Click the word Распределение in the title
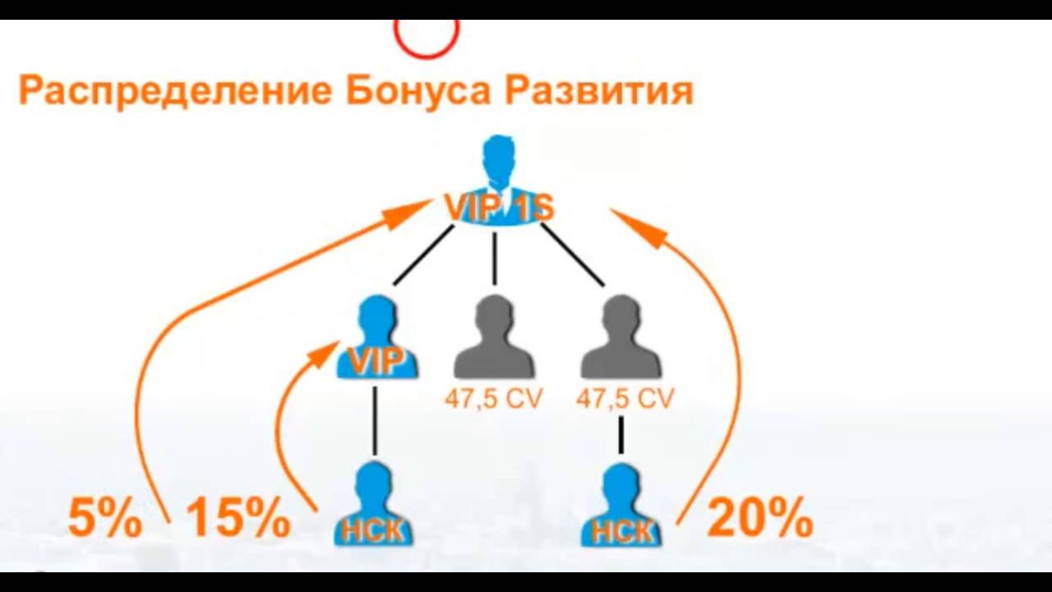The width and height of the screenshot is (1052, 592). [x=174, y=90]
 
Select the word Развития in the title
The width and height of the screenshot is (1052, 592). [x=599, y=90]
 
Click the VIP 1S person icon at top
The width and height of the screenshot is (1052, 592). [x=498, y=181]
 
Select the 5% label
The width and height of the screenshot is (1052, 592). [x=104, y=519]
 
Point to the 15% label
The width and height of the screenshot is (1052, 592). [x=238, y=519]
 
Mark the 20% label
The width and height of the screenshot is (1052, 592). [x=759, y=519]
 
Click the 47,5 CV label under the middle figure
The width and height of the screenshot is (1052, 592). [x=494, y=400]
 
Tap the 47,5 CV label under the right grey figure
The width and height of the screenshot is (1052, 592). [x=625, y=400]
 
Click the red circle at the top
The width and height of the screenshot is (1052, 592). [x=426, y=37]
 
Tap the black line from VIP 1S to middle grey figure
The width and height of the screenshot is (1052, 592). [x=494, y=259]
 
